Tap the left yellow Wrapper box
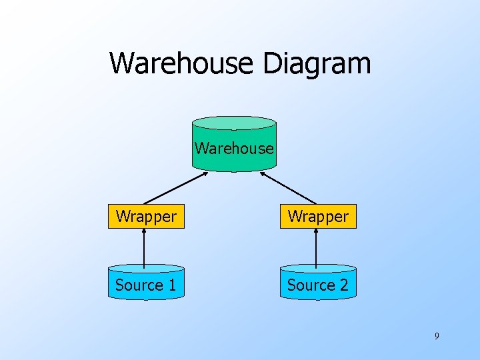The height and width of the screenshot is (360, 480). click(x=146, y=217)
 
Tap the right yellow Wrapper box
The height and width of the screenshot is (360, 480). click(x=318, y=217)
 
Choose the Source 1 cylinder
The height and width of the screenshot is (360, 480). click(x=146, y=285)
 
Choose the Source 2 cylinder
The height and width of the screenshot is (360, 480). click(x=317, y=285)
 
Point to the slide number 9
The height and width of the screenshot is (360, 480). click(x=437, y=336)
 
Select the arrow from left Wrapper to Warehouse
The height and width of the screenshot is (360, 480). click(x=175, y=188)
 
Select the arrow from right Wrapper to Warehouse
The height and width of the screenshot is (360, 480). click(x=288, y=188)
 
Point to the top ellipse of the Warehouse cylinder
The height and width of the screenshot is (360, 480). click(x=233, y=123)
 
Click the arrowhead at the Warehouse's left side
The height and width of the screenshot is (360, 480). click(x=205, y=174)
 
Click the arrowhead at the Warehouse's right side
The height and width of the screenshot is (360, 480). click(x=263, y=174)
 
